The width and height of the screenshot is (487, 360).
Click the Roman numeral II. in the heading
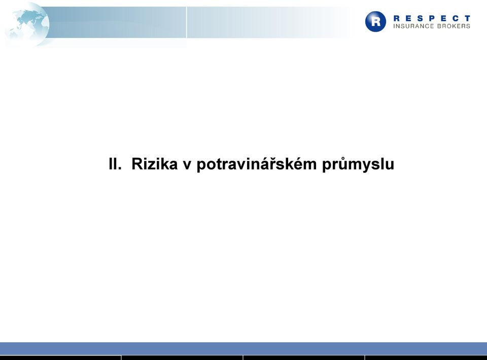point(115,164)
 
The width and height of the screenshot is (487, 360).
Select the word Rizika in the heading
point(154,164)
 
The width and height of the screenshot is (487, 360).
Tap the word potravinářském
point(257,164)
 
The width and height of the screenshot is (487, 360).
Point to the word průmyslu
point(358,164)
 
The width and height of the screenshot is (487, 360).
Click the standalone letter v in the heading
point(187,165)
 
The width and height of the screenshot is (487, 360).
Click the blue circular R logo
point(375,21)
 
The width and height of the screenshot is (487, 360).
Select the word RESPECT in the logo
point(432,18)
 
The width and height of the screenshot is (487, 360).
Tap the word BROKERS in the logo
point(454,26)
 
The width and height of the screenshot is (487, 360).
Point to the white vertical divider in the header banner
point(186,22)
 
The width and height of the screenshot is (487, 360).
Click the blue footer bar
point(243,348)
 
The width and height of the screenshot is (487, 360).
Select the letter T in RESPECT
point(467,18)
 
